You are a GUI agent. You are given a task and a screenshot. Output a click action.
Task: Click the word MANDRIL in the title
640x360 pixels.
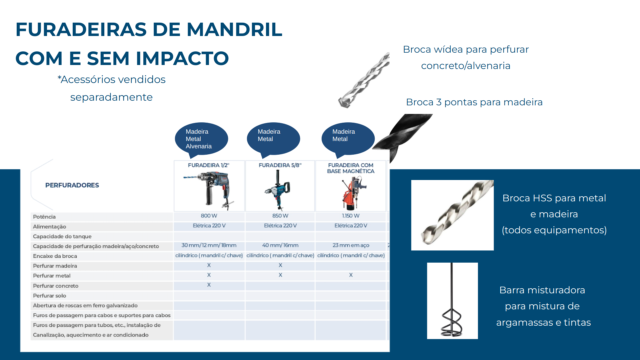[234, 29]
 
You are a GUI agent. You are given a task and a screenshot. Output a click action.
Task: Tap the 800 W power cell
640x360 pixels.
[209, 216]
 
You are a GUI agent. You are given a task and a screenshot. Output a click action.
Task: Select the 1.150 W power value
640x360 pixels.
[351, 216]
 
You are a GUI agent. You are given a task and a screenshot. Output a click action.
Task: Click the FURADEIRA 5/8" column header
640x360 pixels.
[280, 165]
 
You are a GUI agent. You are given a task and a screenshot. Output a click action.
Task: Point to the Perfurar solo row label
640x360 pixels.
[49, 296]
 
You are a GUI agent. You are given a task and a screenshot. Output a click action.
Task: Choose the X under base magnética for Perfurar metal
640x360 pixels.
[351, 275]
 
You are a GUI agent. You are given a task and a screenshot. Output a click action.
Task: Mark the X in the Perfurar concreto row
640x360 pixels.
[209, 285]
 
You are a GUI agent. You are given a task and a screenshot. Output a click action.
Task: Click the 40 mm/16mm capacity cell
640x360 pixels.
[280, 245]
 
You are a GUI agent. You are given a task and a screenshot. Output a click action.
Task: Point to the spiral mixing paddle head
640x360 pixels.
[452, 322]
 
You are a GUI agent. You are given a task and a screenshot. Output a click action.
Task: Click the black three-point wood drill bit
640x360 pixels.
[403, 137]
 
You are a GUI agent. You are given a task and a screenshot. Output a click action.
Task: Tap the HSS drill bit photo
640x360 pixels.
[452, 215]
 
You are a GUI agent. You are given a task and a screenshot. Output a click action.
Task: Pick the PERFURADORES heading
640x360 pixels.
[72, 185]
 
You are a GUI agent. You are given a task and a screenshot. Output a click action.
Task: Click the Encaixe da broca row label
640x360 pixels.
[55, 256]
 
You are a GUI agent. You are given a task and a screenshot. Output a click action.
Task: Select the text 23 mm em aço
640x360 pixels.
[351, 245]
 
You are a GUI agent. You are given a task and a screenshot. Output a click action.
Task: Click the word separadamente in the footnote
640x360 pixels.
[111, 97]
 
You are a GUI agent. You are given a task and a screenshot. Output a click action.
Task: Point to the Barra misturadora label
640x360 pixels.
[542, 290]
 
